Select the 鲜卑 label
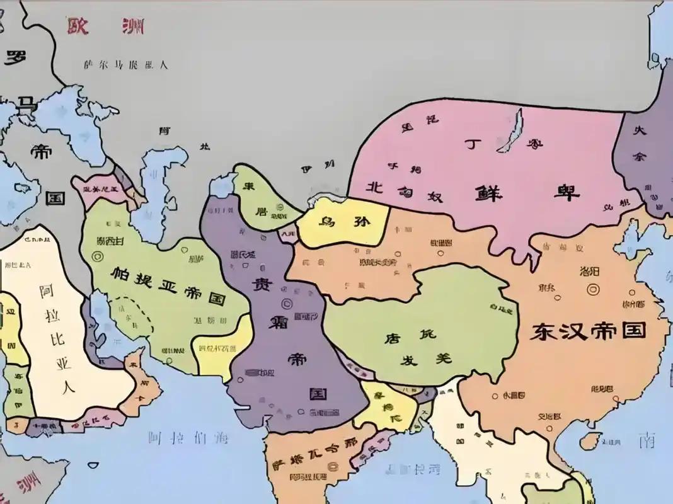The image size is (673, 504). (527, 192)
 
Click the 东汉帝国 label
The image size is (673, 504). (588, 331)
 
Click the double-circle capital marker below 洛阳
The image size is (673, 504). (592, 290)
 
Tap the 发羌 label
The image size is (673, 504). (427, 359)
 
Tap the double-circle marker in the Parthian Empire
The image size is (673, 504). (97, 256)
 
